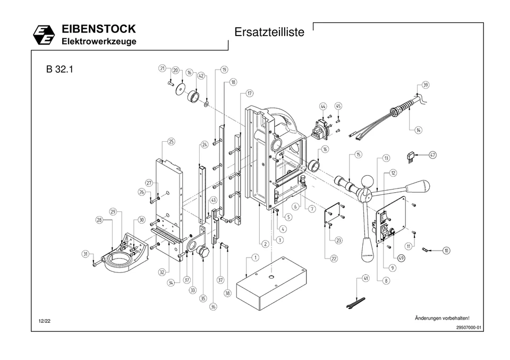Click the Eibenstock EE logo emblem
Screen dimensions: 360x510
(x=44, y=35)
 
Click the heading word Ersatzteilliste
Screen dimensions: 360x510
(x=269, y=32)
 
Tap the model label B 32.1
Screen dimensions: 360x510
(x=59, y=70)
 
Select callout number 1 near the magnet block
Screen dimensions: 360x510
(x=255, y=258)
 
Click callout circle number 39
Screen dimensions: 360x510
(x=426, y=85)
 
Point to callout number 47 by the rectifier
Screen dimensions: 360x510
(x=433, y=155)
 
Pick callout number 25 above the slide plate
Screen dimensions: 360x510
(x=171, y=141)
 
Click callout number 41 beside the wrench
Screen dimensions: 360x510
(x=365, y=278)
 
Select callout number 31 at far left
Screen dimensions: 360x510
(x=85, y=254)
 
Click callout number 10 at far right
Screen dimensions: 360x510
(x=446, y=250)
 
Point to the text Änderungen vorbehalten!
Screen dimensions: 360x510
(x=441, y=318)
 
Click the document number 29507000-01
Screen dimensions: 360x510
(x=468, y=328)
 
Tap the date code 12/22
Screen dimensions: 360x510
(x=44, y=321)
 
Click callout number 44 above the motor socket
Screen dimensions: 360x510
(x=323, y=107)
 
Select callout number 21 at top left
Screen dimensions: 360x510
(x=163, y=68)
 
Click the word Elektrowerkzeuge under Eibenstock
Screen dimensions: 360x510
(x=99, y=41)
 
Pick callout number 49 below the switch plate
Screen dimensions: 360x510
(x=401, y=258)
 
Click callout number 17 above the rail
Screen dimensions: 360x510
(x=249, y=93)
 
